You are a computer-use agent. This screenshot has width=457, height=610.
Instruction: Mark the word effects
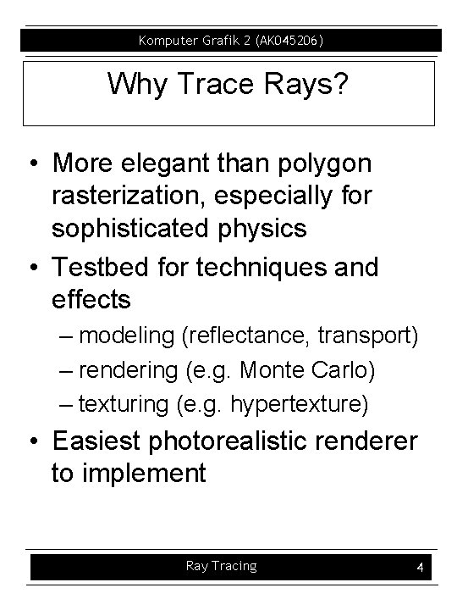click(x=91, y=300)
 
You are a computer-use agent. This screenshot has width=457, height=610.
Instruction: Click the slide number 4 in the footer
click(x=420, y=568)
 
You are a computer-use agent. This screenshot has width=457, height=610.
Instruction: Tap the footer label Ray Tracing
click(x=221, y=566)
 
